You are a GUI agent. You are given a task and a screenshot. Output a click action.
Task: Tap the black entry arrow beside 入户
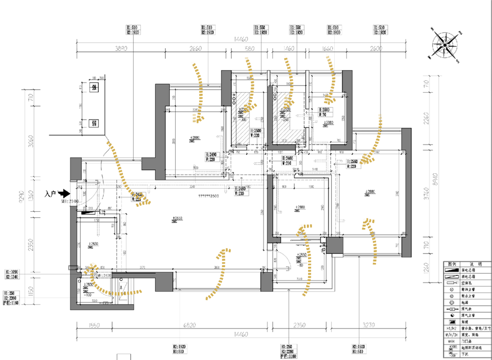(x=64, y=193)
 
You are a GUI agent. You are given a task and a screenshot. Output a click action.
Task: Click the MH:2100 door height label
(x=69, y=202)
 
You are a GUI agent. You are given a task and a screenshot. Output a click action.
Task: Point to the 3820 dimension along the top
(x=120, y=49)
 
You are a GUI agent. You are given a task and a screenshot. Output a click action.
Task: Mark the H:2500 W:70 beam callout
(x=257, y=134)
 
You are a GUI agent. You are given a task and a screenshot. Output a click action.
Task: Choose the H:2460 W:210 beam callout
(x=291, y=162)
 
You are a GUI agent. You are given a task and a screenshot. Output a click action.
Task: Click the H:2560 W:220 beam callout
(x=353, y=164)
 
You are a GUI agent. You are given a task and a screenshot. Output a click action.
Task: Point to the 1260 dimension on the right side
(x=425, y=268)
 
